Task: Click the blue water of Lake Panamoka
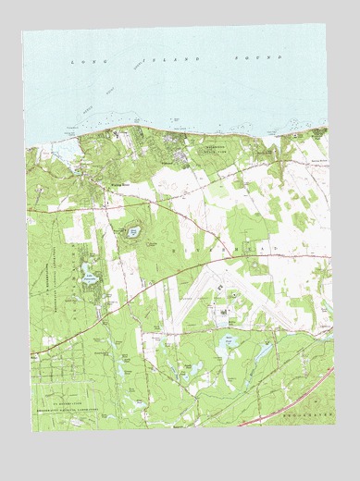point(88,270)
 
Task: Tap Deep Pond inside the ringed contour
point(133,231)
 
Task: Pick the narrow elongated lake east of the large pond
point(267,351)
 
